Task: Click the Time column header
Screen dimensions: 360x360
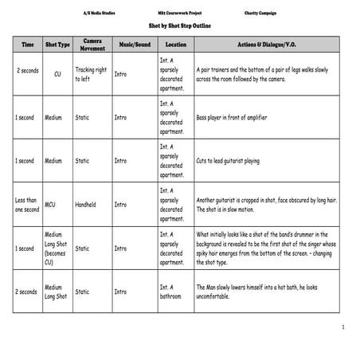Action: (x=27, y=45)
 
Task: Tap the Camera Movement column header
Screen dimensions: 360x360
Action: (x=92, y=45)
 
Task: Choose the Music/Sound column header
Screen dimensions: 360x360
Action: (x=135, y=45)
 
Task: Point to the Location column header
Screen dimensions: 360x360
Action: (x=175, y=45)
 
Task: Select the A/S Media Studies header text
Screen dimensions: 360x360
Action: (x=99, y=14)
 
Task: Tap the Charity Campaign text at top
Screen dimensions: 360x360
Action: (x=263, y=14)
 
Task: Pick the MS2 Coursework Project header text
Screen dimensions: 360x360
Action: (x=179, y=14)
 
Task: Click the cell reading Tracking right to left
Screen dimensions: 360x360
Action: (x=90, y=75)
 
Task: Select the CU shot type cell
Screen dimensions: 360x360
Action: (x=57, y=74)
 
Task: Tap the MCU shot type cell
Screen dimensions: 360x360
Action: (x=51, y=205)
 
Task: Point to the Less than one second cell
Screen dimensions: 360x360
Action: (x=26, y=205)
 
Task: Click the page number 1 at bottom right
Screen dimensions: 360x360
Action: (x=342, y=327)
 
